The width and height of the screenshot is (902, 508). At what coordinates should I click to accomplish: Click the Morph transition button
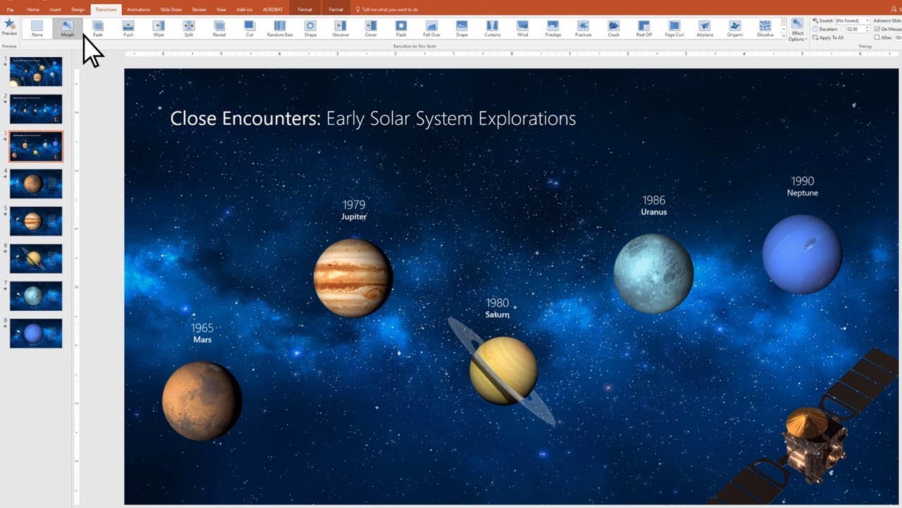67,28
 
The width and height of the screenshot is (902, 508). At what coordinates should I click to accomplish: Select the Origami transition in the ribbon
734,28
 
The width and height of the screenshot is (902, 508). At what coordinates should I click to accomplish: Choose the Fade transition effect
98,28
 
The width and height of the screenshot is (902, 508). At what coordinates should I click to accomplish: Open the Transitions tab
106,9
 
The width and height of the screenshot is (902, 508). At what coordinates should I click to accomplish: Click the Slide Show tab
171,9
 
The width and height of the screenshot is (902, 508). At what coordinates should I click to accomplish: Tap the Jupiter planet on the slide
352,277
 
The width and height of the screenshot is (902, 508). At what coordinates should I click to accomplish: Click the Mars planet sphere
202,401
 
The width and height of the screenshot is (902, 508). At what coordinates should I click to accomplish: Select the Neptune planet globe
801,254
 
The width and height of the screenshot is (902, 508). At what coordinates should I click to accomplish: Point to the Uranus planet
653,273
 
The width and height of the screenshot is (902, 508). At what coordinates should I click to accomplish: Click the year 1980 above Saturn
497,303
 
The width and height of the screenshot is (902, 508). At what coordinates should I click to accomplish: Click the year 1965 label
202,328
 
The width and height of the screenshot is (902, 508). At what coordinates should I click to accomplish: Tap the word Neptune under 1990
803,193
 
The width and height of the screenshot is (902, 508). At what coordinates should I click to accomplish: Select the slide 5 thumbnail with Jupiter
36,221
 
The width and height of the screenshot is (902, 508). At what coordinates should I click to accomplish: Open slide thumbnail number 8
36,333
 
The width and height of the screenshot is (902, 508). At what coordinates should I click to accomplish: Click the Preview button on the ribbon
9,28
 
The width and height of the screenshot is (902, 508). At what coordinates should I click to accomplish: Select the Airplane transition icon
704,28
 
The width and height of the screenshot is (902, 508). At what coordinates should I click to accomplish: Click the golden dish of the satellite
806,421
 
